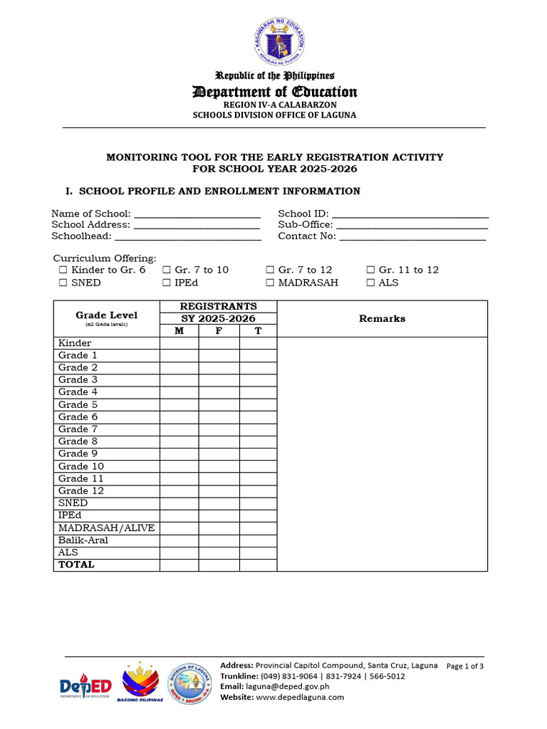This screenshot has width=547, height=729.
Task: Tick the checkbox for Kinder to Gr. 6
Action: point(63,270)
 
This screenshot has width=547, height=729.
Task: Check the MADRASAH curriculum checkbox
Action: point(270,283)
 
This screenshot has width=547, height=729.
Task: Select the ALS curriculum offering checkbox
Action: point(370,283)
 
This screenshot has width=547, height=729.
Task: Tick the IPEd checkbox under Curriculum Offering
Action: point(166,283)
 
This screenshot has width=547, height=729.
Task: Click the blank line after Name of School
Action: point(197,214)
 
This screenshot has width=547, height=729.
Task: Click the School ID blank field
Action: point(410,214)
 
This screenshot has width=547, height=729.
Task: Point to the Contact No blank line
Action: point(412,237)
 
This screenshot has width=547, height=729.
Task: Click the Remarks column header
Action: point(382,318)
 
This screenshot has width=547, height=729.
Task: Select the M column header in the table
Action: point(179,330)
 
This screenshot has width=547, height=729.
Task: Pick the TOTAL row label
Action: point(76,565)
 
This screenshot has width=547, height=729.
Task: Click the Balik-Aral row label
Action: point(83,540)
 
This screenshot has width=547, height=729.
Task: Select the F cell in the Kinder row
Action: point(219,343)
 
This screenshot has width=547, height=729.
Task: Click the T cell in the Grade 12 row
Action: point(258,491)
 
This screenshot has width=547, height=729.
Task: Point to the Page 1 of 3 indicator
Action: point(464,666)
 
